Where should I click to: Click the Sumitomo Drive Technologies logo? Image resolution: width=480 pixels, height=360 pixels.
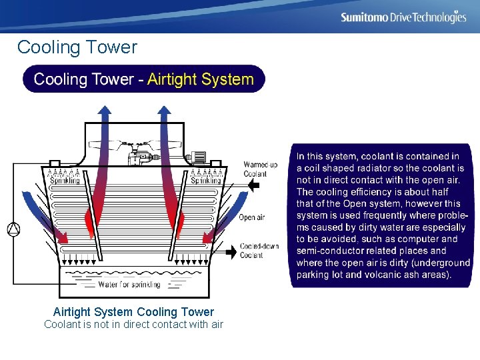[403, 17]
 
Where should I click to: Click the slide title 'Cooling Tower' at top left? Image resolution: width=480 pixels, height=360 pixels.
[77, 47]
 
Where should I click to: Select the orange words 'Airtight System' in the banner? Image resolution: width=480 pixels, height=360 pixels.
[200, 79]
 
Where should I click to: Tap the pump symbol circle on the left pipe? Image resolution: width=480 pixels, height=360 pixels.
[13, 229]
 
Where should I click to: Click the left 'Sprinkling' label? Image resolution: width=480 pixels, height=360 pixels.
[65, 180]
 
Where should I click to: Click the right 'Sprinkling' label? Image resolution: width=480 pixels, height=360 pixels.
[205, 180]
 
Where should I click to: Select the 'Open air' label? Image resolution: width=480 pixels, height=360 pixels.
[252, 217]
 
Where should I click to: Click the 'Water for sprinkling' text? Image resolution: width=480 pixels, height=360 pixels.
[129, 285]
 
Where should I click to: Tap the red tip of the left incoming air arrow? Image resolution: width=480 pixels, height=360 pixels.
[65, 236]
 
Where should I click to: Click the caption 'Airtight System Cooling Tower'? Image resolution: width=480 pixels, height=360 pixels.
[133, 312]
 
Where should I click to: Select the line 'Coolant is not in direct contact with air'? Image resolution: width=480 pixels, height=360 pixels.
[133, 325]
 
